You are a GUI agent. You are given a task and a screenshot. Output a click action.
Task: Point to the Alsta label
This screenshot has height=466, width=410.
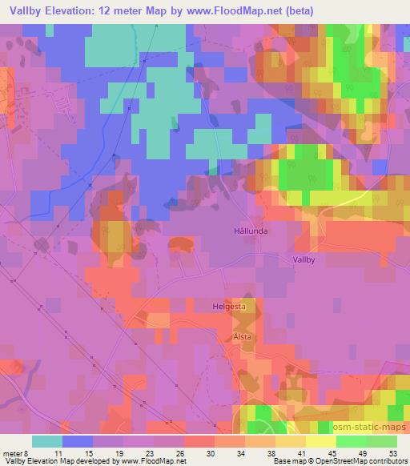(x=242, y=337)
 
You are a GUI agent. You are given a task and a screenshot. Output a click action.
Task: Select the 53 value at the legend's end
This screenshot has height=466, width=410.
(x=395, y=452)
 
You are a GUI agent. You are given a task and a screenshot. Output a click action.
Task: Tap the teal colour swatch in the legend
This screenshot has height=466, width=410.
(x=47, y=441)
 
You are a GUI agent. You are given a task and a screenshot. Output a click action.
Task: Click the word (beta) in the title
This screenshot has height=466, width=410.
(x=299, y=11)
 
